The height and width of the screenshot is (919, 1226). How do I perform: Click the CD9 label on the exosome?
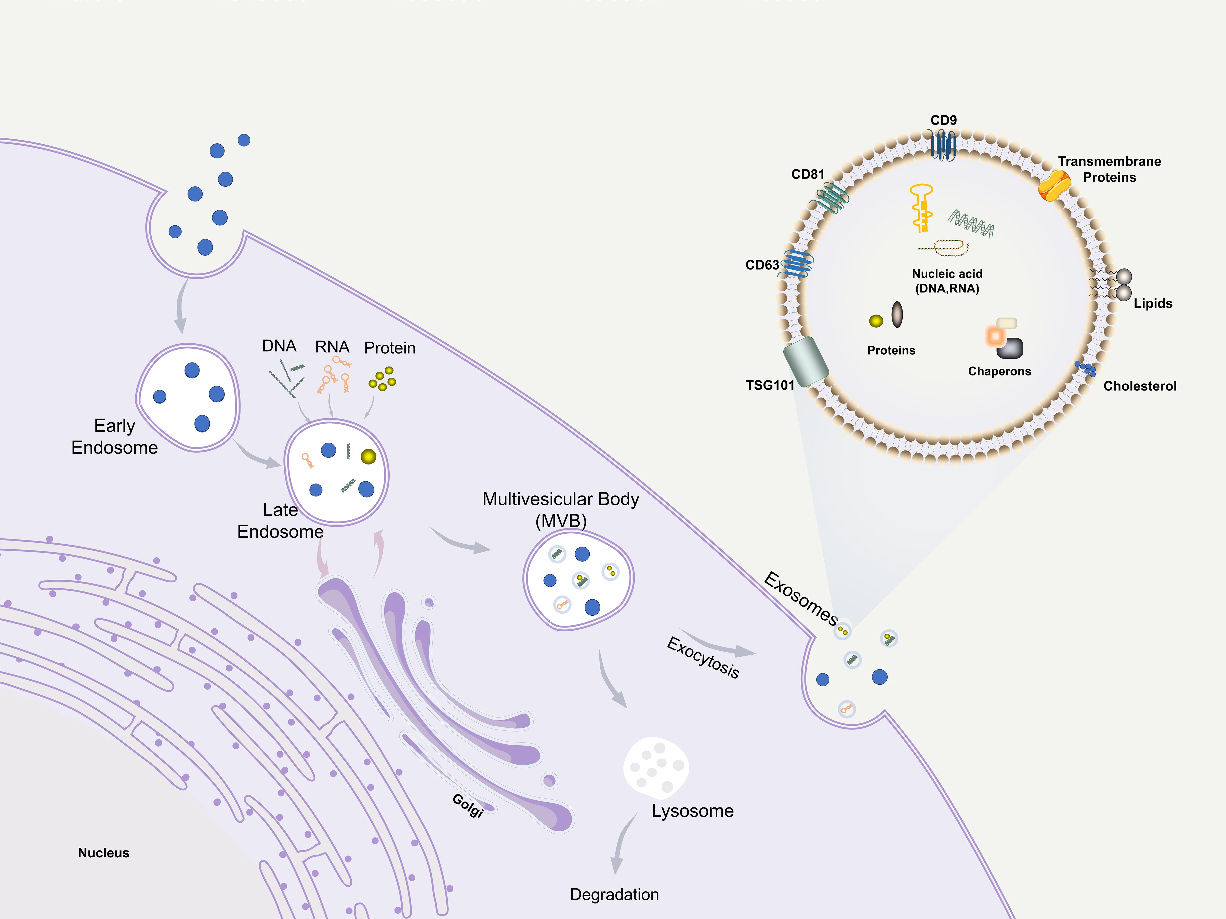[943, 120]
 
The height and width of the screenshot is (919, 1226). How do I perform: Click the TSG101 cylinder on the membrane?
[806, 361]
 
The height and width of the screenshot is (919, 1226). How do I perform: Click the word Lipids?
[1153, 304]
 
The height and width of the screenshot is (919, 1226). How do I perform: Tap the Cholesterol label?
[1140, 386]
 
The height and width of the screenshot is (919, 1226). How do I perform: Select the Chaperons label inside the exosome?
[999, 371]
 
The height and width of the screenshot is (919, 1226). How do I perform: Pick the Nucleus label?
[104, 853]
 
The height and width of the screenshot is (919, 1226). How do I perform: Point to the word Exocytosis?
[703, 657]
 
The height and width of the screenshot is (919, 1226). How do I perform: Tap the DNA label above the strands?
[279, 346]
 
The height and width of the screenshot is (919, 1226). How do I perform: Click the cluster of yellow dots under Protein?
[383, 379]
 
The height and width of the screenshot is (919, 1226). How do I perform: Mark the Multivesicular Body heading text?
[560, 499]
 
